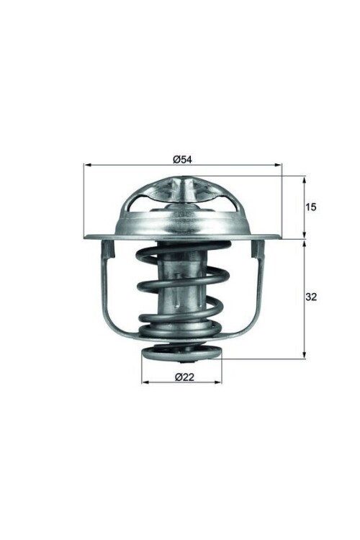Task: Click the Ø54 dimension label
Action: (x=182, y=159)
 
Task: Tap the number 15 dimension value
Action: (x=311, y=207)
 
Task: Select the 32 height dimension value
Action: (x=311, y=297)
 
